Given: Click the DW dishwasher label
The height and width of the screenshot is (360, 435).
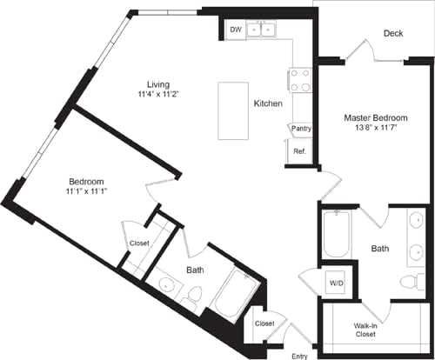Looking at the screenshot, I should pyautogui.click(x=236, y=30).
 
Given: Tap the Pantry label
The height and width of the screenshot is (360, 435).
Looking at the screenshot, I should pyautogui.click(x=301, y=129).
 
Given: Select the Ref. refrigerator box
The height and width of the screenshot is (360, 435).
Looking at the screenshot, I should pyautogui.click(x=299, y=151).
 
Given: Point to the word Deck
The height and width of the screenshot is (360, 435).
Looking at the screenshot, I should pyautogui.click(x=392, y=34).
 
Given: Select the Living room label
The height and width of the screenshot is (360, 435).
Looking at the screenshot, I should pyautogui.click(x=158, y=83).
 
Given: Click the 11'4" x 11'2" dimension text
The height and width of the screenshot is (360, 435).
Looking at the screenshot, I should pyautogui.click(x=158, y=95).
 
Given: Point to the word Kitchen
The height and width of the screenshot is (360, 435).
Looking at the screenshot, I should pyautogui.click(x=267, y=103).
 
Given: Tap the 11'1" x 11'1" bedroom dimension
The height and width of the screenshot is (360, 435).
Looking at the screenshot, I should pyautogui.click(x=88, y=190).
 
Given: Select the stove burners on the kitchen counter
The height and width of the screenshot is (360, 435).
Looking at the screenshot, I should pyautogui.click(x=301, y=81).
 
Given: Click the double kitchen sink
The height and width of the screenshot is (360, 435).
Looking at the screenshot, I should pyautogui.click(x=262, y=30).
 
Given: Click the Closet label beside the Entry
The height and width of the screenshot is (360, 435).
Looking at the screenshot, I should pyautogui.click(x=264, y=323).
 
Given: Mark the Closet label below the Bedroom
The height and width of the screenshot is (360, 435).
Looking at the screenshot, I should pyautogui.click(x=139, y=243).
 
